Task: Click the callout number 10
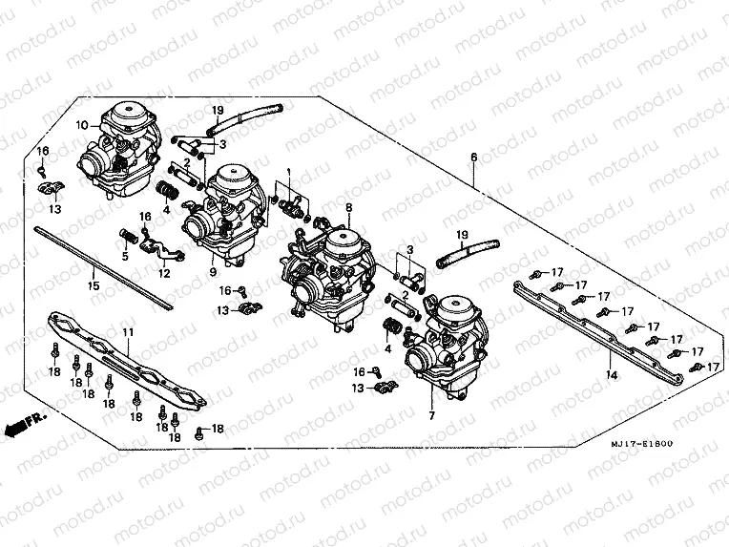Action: [83, 125]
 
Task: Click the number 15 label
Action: [93, 285]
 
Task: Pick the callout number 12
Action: [164, 273]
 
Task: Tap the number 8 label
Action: [349, 207]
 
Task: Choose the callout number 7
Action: [431, 416]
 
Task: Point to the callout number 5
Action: [125, 255]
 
